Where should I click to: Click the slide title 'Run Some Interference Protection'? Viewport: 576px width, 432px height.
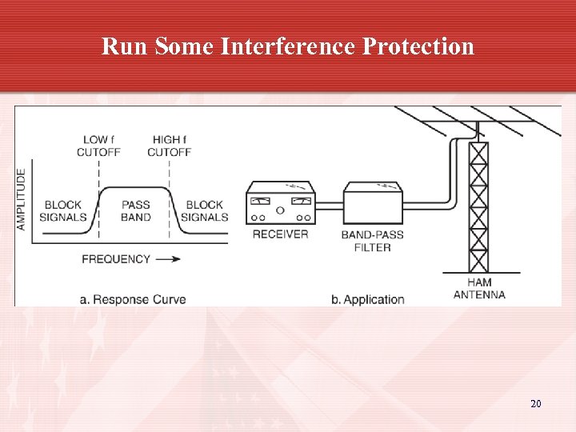tap(288, 46)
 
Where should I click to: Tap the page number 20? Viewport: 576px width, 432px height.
tap(535, 404)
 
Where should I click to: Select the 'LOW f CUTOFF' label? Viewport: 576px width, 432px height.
tap(98, 146)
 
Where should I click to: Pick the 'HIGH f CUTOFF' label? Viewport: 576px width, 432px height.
tap(169, 146)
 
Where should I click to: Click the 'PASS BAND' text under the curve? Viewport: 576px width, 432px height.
tap(135, 211)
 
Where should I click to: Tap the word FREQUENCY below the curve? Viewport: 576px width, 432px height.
tap(116, 259)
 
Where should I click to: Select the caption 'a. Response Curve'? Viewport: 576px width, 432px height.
tap(133, 300)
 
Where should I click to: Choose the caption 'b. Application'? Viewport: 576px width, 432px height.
tap(368, 300)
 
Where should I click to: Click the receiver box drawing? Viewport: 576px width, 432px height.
tap(280, 205)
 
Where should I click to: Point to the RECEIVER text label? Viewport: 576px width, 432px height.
tap(280, 234)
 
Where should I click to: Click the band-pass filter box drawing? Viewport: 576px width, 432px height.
tap(373, 205)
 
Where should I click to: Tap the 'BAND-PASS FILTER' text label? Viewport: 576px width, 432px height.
tap(372, 241)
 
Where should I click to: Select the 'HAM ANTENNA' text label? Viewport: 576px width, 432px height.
tap(479, 288)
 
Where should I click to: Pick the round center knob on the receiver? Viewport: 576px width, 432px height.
tap(279, 211)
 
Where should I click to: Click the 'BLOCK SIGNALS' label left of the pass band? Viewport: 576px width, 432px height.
tap(65, 211)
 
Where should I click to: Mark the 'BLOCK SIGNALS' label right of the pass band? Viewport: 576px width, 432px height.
tap(205, 211)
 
